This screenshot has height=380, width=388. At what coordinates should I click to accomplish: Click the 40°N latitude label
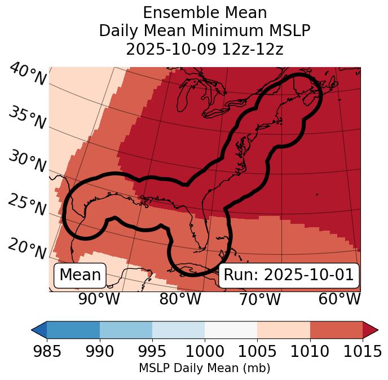coord(27,74)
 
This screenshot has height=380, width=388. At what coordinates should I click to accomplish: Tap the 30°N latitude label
coord(27,162)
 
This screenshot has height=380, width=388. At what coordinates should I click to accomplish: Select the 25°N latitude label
coord(27,205)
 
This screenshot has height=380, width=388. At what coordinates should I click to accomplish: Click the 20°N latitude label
coord(27,248)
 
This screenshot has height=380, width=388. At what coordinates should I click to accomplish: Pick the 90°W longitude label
coord(99,299)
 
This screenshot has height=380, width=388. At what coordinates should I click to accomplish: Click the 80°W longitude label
coord(180,299)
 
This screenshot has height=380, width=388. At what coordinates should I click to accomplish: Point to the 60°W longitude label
coord(339,299)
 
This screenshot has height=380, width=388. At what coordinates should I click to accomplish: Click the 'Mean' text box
coord(80,275)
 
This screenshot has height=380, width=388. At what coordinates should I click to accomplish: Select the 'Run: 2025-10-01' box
coord(288,275)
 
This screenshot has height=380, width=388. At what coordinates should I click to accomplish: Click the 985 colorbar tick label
coord(47,352)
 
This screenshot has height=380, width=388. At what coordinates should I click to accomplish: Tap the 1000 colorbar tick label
coord(205,352)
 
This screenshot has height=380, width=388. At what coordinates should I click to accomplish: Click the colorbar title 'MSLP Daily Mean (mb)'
coord(204,368)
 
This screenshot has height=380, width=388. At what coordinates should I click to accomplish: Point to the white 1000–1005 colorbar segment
coord(231,329)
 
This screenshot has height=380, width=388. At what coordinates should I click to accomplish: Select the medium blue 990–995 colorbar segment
coord(126,329)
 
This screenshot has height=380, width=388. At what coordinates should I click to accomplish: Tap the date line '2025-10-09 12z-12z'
coord(204,49)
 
